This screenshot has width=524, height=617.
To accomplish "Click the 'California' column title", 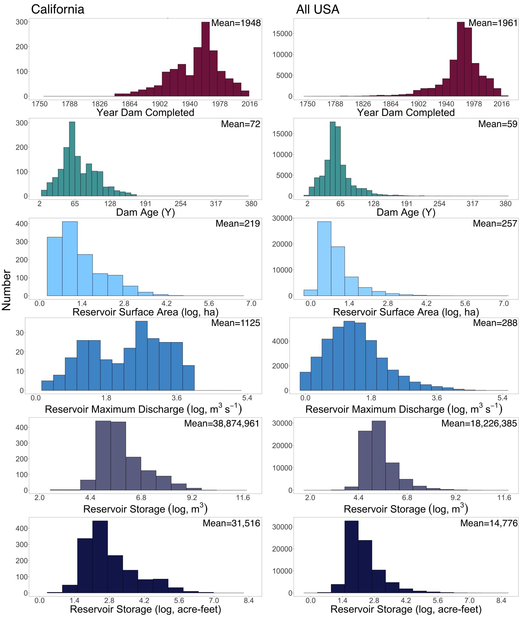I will (58, 10).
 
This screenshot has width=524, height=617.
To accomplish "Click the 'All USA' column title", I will (318, 10).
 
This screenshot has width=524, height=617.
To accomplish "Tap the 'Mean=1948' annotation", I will (236, 23).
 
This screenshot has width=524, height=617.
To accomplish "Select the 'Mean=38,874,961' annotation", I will (222, 423).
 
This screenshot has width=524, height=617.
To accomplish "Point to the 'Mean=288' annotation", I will (495, 323).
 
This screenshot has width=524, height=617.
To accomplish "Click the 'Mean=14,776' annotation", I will (489, 523).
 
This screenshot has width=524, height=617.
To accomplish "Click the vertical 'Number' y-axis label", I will (6, 290).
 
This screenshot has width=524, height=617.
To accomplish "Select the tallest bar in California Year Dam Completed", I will (205, 59).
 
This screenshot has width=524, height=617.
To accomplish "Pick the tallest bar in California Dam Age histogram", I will (72, 159).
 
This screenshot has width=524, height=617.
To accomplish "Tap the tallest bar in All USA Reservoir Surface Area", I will (324, 258).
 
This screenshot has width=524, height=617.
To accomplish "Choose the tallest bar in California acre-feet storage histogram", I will (100, 557).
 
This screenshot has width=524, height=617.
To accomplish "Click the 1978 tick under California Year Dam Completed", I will (220, 104).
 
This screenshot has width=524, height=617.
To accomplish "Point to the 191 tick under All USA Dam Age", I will (406, 204).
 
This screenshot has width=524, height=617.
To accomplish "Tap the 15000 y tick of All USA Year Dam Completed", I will (282, 34).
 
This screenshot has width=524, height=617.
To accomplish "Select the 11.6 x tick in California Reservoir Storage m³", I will (243, 498).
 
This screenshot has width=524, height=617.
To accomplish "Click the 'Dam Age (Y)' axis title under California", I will (145, 212).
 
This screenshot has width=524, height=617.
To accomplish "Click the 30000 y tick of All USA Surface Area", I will (282, 218).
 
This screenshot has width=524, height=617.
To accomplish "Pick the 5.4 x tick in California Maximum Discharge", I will (247, 398).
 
